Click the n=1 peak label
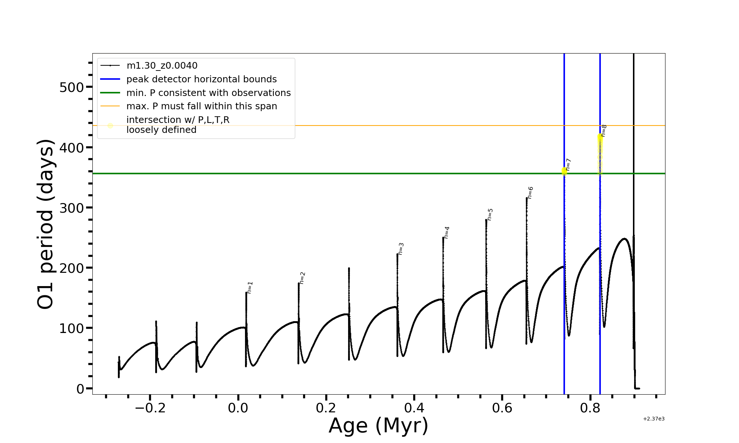click(250, 288)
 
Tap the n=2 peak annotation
click(302, 278)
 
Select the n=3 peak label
click(401, 249)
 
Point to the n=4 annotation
click(447, 233)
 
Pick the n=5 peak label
click(490, 214)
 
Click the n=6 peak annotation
click(530, 193)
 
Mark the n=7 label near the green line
click(568, 165)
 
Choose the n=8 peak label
click(604, 131)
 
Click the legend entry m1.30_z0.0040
click(162, 66)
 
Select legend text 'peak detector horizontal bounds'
click(201, 79)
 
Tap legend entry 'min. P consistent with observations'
click(208, 93)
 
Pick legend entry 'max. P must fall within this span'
click(201, 106)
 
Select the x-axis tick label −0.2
click(150, 408)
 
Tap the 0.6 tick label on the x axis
click(502, 408)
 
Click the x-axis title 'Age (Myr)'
click(378, 426)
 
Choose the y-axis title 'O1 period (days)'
click(46, 224)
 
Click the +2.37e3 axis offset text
click(653, 419)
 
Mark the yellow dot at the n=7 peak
click(564, 171)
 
